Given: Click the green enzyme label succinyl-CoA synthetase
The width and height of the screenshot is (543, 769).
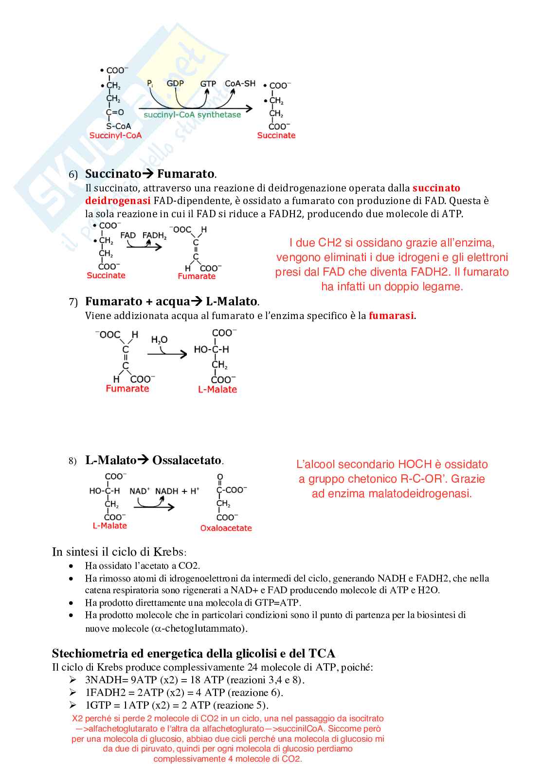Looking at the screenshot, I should point(192,115).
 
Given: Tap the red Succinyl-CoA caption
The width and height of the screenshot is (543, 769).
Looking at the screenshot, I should point(115,135).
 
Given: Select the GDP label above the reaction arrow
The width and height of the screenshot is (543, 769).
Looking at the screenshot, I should point(175,83).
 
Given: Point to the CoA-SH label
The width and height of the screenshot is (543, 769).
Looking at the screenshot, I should point(240,83).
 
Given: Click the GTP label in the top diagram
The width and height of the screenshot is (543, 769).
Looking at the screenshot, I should point(208,84).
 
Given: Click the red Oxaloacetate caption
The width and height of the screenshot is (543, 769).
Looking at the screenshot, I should point(226,528).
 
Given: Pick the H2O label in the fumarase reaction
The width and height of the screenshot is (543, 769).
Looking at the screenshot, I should point(159,339).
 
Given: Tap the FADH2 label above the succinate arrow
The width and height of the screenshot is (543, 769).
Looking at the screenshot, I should point(154,236).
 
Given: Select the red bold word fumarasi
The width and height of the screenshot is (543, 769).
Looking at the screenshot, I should point(391,316).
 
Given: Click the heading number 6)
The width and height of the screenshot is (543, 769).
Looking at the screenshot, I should point(73,175).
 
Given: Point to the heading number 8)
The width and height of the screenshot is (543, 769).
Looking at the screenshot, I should point(72,461).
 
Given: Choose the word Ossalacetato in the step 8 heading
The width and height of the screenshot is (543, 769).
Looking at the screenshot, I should point(187,460).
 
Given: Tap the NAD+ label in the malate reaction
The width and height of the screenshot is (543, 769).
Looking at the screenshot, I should point(139,491).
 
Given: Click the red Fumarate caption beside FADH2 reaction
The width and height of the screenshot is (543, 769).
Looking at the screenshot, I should point(197,276).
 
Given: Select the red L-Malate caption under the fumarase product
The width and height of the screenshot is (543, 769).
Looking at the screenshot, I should point(217,389).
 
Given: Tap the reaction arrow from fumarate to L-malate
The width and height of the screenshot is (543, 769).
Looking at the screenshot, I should point(167,354).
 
